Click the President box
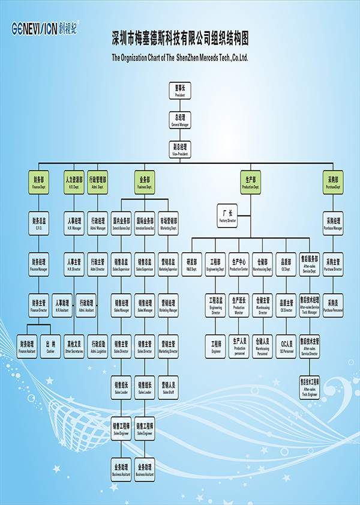pyautogui.click(x=180, y=91)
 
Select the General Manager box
pyautogui.click(x=180, y=120)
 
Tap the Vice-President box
pyautogui.click(x=180, y=149)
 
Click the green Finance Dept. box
pyautogui.click(x=38, y=182)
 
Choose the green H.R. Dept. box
pyautogui.click(x=74, y=182)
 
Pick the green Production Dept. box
pyautogui.click(x=251, y=182)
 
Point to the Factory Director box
pyautogui.click(x=227, y=216)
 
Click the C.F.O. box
pyautogui.click(x=38, y=223)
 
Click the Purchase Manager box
pyautogui.click(x=333, y=223)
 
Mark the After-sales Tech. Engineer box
pyautogui.click(x=310, y=386)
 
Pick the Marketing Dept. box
pyautogui.click(x=169, y=223)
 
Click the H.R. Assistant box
pyautogui.click(x=62, y=306)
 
